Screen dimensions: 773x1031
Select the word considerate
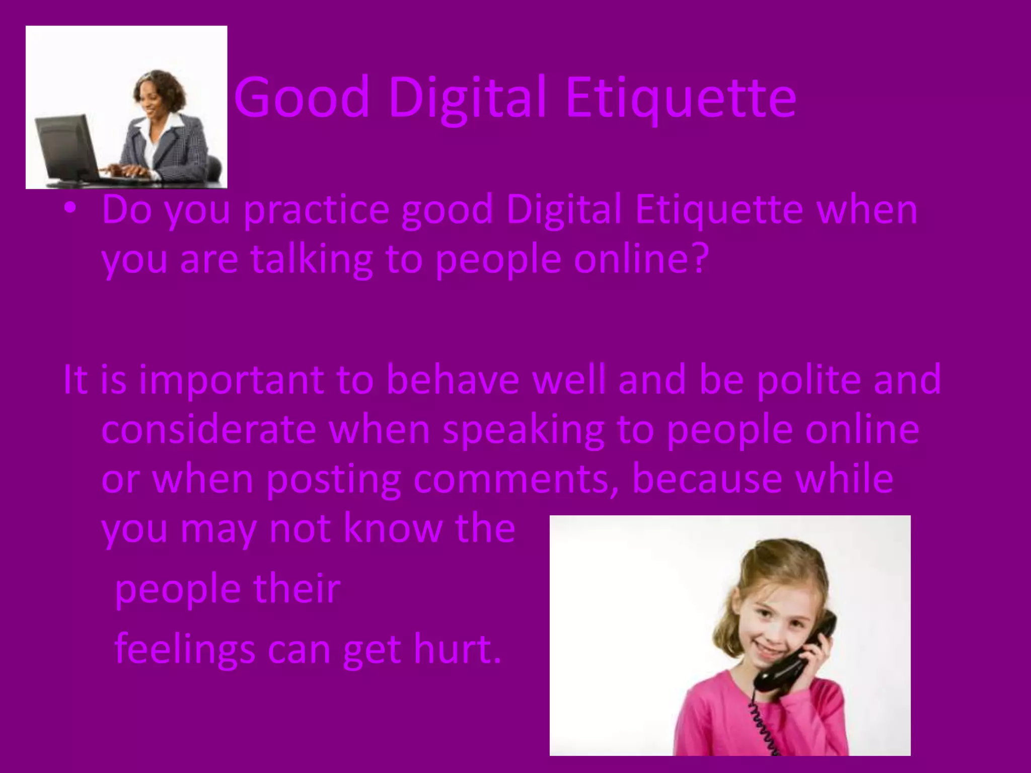click(x=208, y=430)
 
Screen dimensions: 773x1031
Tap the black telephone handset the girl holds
click(x=800, y=654)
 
